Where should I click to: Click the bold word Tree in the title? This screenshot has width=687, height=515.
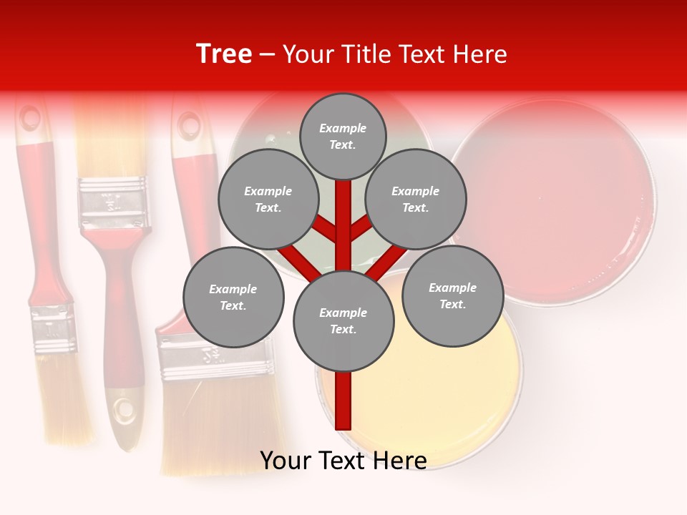coord(224,54)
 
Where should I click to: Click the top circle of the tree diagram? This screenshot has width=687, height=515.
coord(343,136)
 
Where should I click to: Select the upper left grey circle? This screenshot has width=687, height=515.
coord(268,199)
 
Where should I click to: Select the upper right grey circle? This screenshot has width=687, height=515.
coord(416,199)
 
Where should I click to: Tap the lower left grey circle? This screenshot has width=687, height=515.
coord(233,297)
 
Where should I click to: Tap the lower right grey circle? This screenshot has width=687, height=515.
coord(452,296)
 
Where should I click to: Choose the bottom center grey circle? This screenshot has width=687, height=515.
coord(343,320)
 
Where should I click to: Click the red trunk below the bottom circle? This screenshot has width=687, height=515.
coord(343,401)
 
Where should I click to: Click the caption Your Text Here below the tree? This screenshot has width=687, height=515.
coord(343,460)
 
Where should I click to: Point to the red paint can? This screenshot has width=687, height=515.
coord(555,200)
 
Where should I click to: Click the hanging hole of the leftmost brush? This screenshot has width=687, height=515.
coord(30,118)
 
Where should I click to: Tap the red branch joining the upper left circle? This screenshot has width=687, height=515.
coord(323,228)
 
